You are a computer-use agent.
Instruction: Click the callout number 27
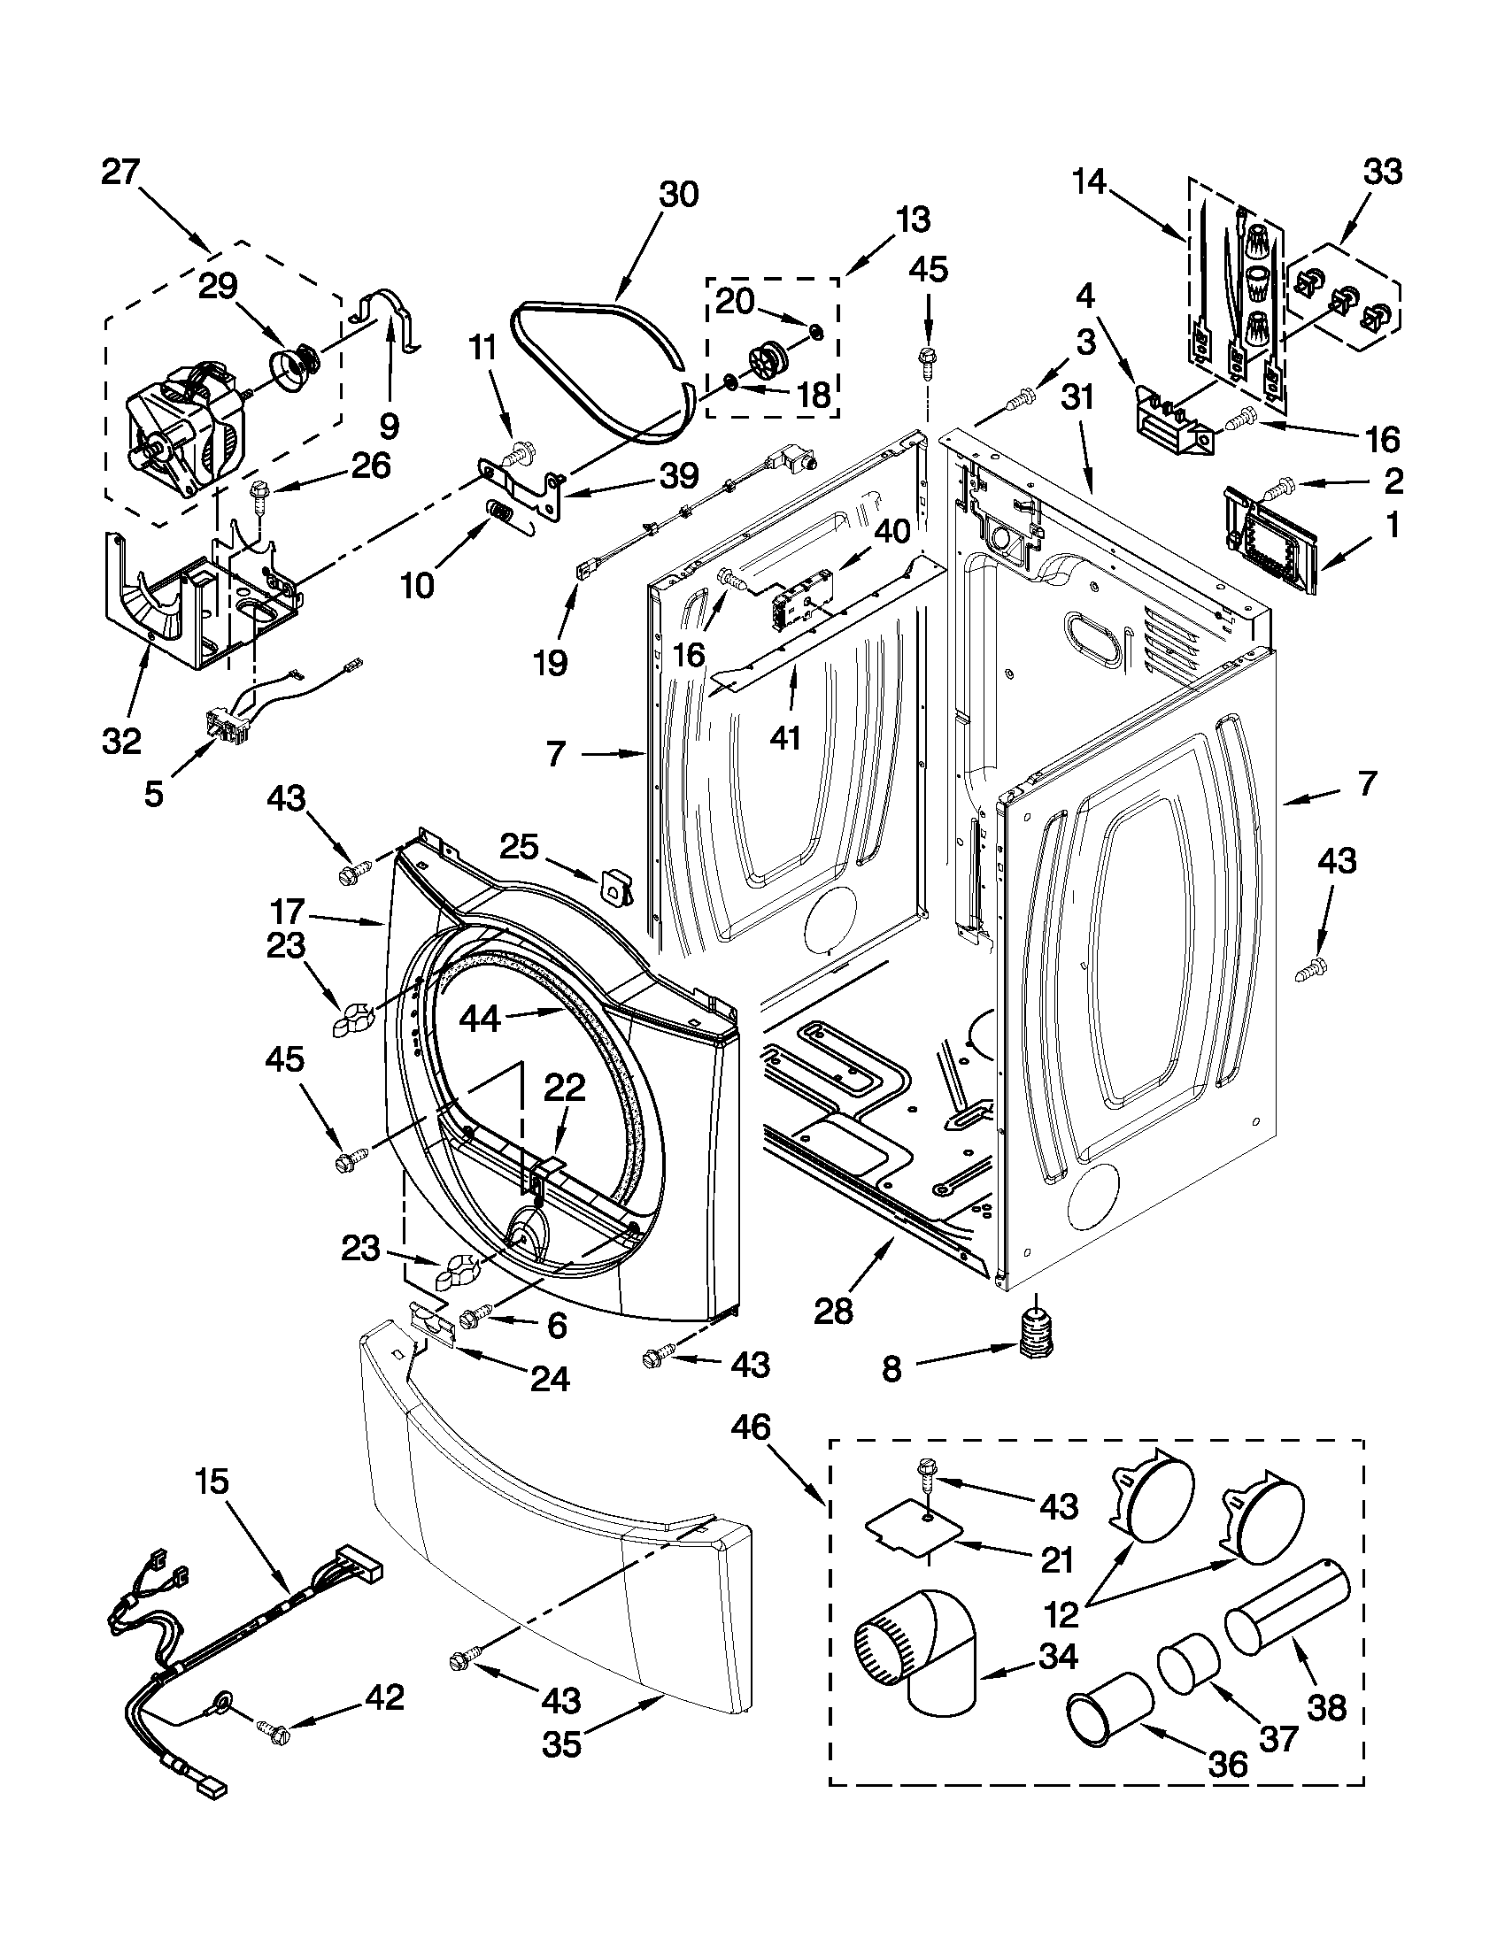pos(120,172)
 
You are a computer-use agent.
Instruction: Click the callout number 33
pos(1383,171)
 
